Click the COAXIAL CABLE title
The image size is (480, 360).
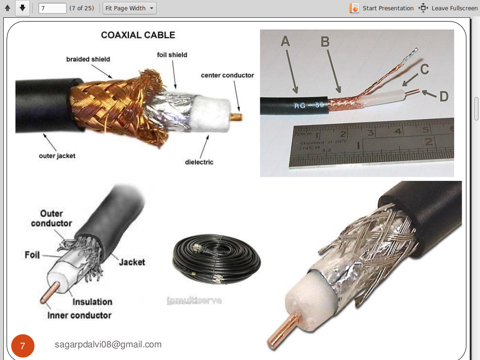tap(138, 35)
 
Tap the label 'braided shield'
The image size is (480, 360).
tap(88, 60)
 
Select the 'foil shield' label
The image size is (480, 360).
tap(172, 55)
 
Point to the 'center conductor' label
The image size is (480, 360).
tap(227, 75)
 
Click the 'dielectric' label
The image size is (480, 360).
tap(199, 162)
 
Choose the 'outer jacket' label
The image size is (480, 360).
tap(57, 156)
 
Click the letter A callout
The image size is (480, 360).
tap(285, 42)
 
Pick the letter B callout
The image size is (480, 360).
tap(325, 42)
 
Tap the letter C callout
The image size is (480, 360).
tap(424, 69)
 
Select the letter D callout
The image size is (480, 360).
tap(443, 97)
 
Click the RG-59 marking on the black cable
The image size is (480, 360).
tap(309, 105)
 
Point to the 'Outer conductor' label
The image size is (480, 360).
tap(52, 218)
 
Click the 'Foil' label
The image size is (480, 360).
tap(32, 255)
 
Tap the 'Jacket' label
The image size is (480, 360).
tap(132, 262)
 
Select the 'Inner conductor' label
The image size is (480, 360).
tap(79, 315)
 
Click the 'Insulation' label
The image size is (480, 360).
tap(92, 301)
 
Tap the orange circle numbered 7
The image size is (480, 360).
tap(22, 346)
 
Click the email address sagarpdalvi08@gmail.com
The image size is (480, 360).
tap(108, 345)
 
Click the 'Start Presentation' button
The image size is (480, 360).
tap(382, 8)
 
